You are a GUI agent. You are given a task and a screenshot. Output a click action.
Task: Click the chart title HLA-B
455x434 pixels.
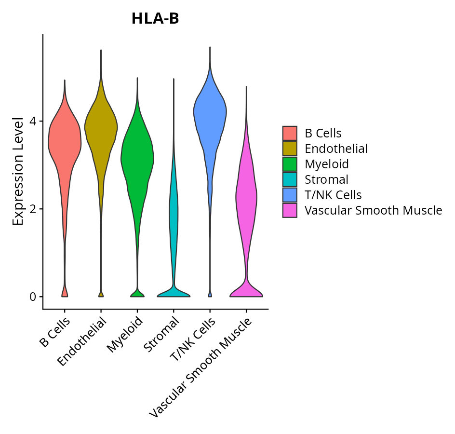[155, 19]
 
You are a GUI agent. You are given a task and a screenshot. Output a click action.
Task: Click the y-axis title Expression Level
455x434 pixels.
[18, 171]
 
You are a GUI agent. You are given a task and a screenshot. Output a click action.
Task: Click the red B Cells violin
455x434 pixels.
[65, 145]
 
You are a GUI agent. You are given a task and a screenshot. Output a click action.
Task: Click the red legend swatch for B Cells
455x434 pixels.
[290, 133]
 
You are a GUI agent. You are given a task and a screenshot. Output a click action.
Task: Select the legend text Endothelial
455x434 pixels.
[336, 149]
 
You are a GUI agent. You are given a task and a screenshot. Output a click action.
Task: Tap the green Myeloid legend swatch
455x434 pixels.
[290, 164]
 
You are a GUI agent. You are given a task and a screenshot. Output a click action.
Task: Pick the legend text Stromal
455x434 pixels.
[326, 180]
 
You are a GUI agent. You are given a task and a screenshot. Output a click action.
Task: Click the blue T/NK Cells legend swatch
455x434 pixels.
[290, 195]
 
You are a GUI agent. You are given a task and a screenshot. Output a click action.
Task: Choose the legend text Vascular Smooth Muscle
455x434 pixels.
[373, 210]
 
